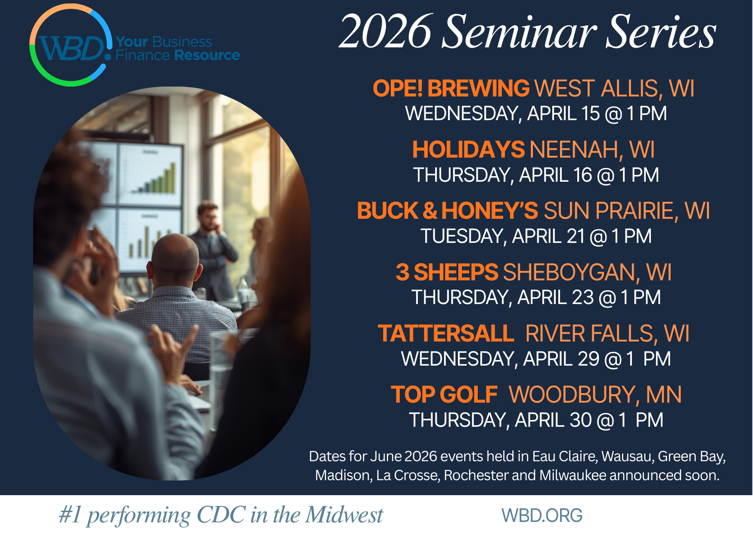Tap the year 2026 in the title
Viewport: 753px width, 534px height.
(385, 32)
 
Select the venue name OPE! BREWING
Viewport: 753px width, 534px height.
(451, 88)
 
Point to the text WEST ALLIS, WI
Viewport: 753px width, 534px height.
(614, 88)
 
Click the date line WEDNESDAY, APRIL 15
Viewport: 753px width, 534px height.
(536, 114)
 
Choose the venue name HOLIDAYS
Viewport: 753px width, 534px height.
(468, 150)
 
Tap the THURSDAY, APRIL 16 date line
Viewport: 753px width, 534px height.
(536, 175)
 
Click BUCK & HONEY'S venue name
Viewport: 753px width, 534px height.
(448, 211)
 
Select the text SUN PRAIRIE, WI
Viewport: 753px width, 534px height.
(627, 211)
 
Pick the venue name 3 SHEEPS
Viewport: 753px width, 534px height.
(447, 273)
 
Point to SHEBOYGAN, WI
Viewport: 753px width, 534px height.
(587, 273)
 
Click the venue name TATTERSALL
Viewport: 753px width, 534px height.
(446, 334)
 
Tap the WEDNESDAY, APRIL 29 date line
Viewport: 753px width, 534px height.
(536, 359)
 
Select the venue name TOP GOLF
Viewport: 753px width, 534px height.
(444, 394)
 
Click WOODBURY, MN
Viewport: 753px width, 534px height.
(595, 394)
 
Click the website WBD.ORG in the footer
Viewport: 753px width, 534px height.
(541, 515)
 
